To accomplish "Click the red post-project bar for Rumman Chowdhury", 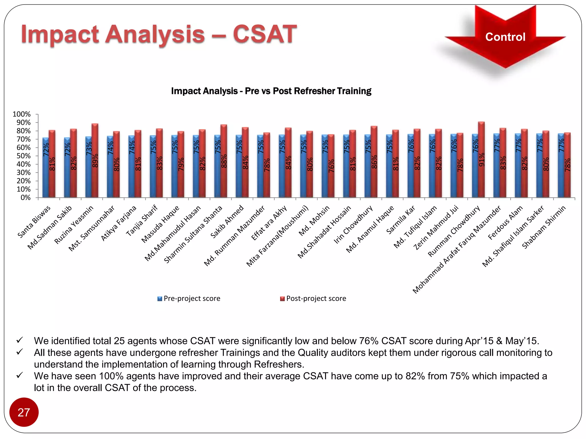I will tap(481, 160).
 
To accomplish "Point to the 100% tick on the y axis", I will tap(22, 114).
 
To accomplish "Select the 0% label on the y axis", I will tap(25, 198).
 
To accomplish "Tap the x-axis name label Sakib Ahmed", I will tap(227, 222).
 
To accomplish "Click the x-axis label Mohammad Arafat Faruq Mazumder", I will tap(457, 249).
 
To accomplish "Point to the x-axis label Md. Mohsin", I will tap(314, 221).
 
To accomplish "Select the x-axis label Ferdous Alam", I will tap(505, 223).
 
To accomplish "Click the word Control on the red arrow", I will tap(505, 37).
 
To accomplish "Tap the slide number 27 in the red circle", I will tap(24, 412).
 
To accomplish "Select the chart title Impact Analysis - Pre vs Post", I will tap(271, 91).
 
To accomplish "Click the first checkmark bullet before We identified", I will tap(19, 340).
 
